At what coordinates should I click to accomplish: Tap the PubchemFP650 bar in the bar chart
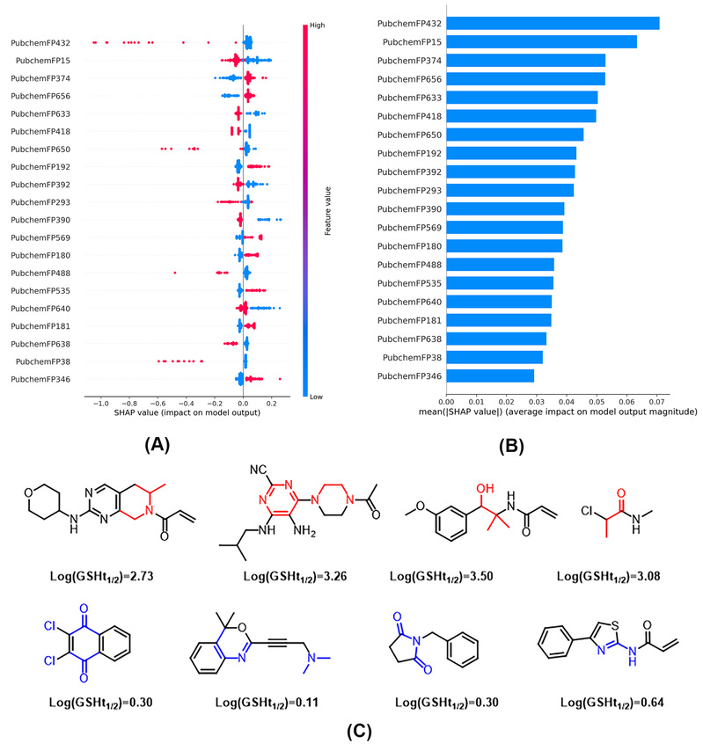click(515, 135)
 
